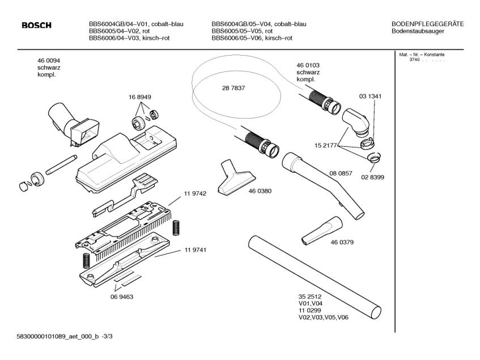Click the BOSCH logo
pos(36,25)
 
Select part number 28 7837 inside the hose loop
pos(233,88)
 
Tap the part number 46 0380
pos(260,191)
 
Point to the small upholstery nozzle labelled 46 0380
pos(237,177)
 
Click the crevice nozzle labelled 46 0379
pos(321,231)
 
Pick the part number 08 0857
pos(341,173)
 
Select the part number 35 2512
pos(310,297)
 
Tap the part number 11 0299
pos(310,311)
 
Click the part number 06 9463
pos(122,297)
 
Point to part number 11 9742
pos(195,193)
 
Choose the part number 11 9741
pos(196,250)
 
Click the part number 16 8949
pos(139,97)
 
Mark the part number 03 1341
pos(371,96)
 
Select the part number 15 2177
pos(326,145)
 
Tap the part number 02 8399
pos(372,177)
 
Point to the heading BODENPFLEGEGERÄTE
pos(428,24)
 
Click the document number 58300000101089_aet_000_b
pos(58,336)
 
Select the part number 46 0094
pos(49,61)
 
